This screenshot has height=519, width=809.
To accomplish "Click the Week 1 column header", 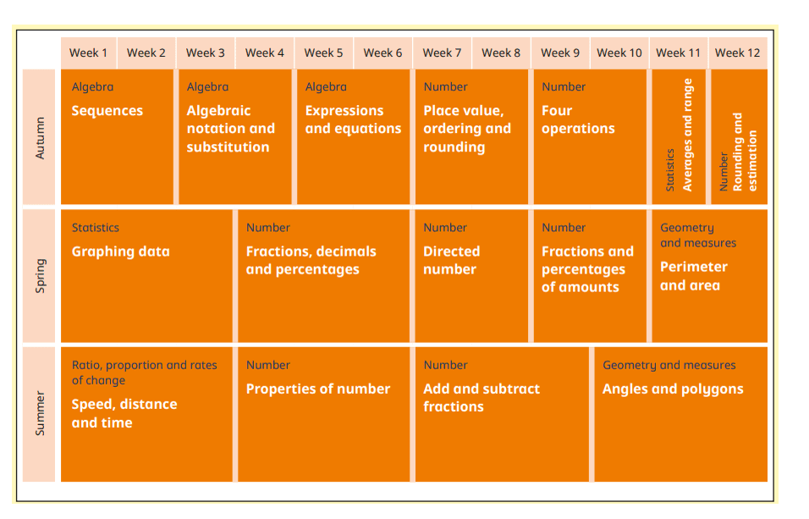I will click(x=88, y=52).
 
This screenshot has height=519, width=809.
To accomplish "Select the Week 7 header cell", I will click(x=443, y=52).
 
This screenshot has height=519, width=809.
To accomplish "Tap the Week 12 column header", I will click(x=737, y=52).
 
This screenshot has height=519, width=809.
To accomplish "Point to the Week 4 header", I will click(x=265, y=52).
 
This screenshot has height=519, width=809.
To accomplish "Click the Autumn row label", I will click(x=40, y=137).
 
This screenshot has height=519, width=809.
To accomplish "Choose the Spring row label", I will click(x=40, y=276).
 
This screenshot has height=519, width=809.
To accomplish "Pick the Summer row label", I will click(x=40, y=413).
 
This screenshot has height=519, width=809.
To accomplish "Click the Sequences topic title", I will click(x=107, y=111).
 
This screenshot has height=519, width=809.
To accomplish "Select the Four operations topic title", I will click(x=578, y=119).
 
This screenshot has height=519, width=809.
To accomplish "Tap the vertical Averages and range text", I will click(x=687, y=135).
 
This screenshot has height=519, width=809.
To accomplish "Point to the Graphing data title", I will click(x=120, y=251).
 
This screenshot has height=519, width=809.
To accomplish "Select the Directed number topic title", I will click(x=451, y=260).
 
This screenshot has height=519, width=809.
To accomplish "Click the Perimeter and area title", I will click(x=694, y=276).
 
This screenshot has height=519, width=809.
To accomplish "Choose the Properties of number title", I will click(x=318, y=389).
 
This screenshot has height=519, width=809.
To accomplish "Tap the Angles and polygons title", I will click(x=673, y=389).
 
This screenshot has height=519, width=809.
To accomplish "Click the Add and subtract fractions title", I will click(x=481, y=397).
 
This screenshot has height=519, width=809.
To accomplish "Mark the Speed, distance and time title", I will click(x=124, y=413).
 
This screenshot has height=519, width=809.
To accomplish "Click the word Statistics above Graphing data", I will click(x=95, y=228).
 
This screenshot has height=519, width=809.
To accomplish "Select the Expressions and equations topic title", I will click(x=353, y=119).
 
